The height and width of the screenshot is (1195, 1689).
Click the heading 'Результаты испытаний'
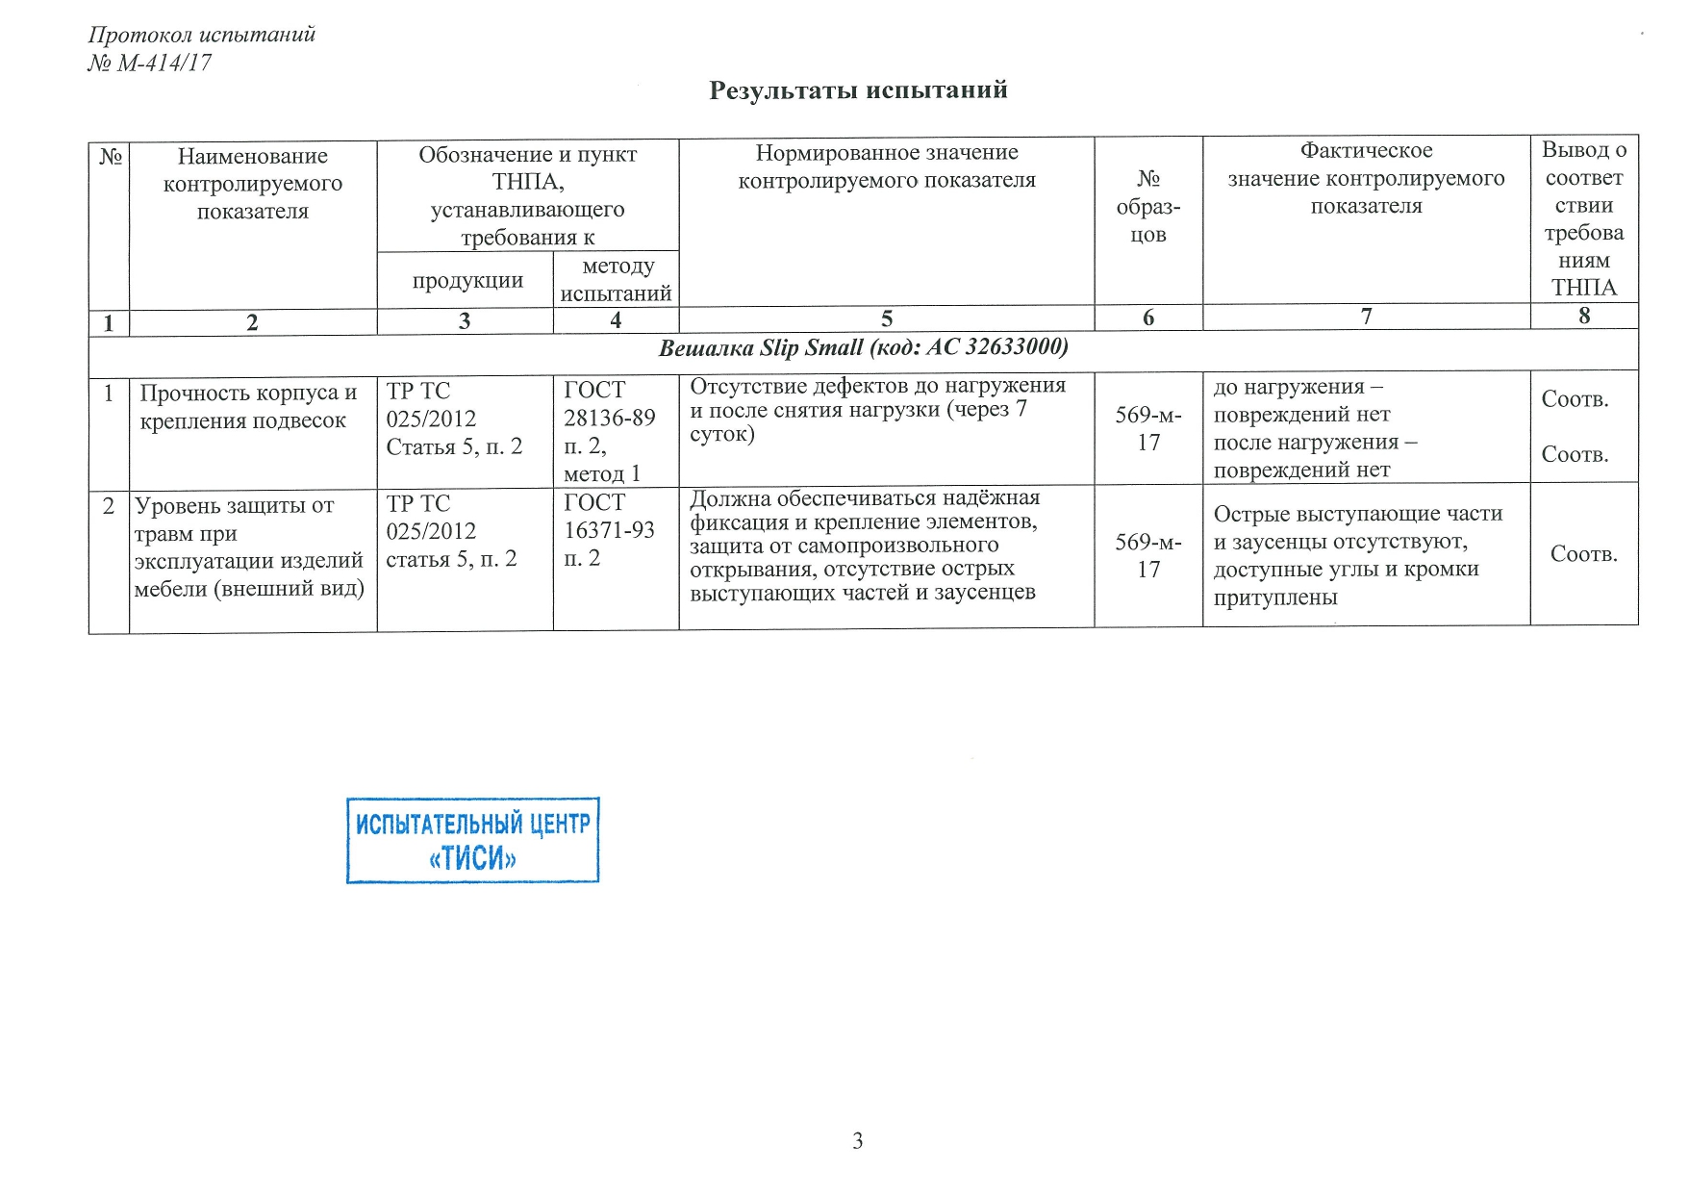858,90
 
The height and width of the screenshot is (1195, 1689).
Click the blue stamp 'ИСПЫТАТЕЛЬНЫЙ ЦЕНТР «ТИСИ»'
472,840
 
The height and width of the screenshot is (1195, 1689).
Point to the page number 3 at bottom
857,1141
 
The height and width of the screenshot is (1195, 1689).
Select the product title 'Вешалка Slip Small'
863,347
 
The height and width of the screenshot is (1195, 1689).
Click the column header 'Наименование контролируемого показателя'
253,184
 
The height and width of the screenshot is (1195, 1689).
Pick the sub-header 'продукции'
467,281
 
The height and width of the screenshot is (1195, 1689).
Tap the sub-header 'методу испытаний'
616,280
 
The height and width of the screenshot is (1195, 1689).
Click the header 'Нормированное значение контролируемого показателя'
886,166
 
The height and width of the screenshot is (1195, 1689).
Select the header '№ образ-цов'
1147,206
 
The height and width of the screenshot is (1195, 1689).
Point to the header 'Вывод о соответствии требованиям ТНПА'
1583,218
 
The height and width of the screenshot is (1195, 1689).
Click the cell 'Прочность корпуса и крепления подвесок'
247,407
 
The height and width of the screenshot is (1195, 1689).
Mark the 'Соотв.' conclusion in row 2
1583,554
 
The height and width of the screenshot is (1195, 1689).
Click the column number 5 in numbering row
886,318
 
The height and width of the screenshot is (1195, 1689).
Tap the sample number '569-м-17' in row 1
1147,429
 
